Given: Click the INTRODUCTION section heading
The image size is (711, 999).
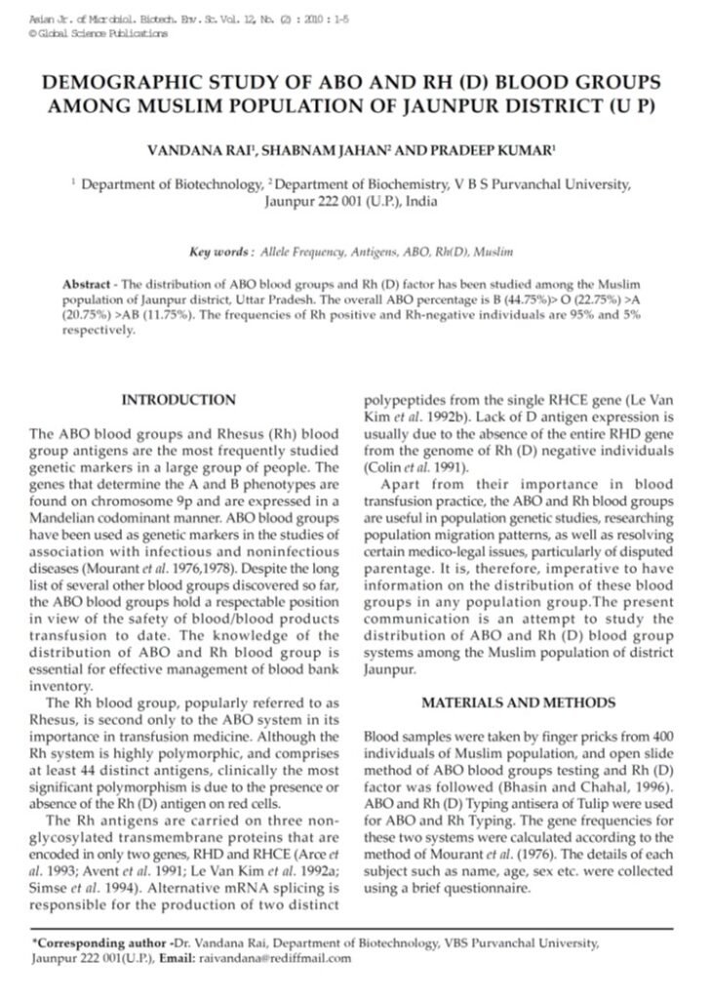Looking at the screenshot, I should click(x=178, y=400).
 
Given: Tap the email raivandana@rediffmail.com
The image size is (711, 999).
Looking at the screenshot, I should click(x=284, y=958).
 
